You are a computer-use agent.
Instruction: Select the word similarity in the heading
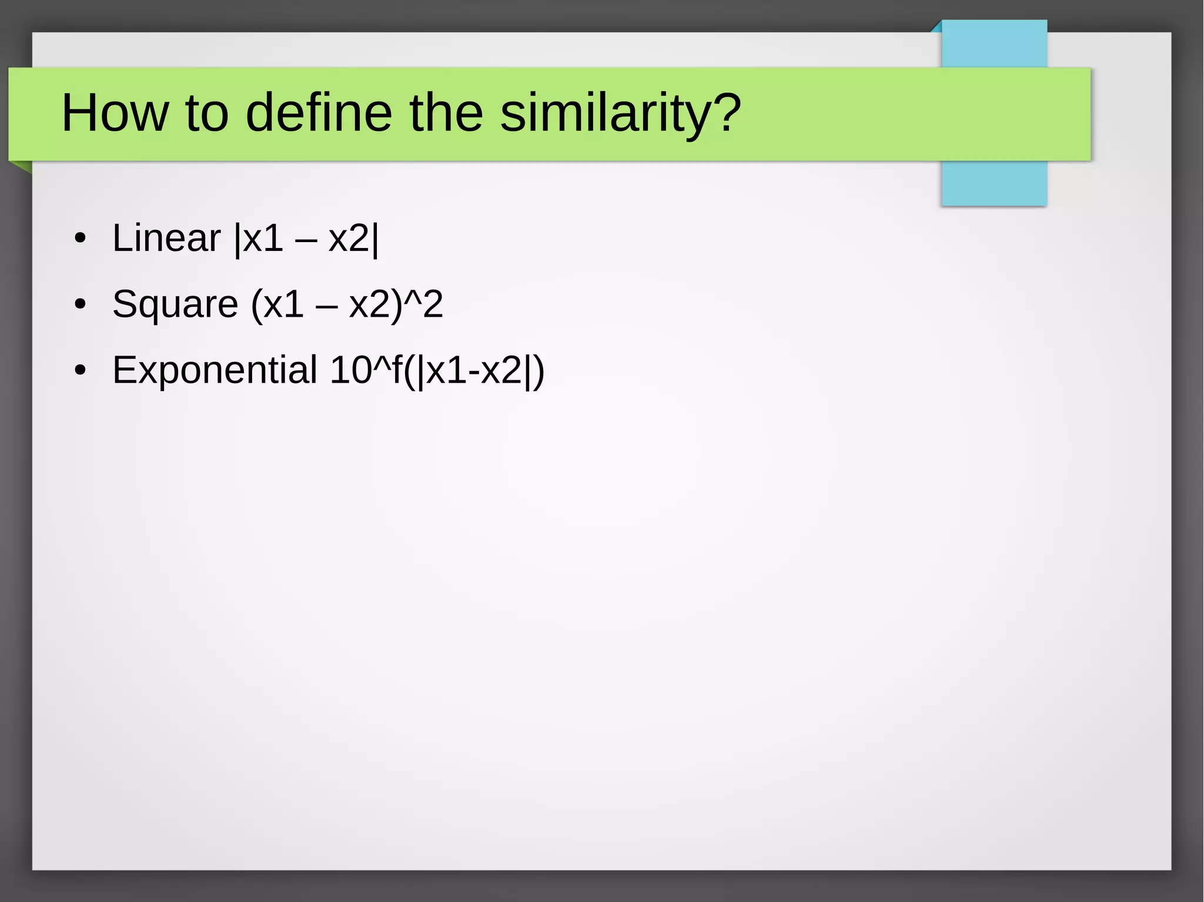point(606,113)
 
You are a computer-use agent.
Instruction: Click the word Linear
point(166,238)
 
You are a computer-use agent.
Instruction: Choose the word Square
point(175,305)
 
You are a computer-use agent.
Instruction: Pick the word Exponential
point(215,371)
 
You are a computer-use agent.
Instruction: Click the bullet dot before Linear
point(81,239)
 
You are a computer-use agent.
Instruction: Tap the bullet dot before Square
point(81,305)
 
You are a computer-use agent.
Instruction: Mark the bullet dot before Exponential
point(81,371)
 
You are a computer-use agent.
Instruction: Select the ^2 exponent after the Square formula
point(426,304)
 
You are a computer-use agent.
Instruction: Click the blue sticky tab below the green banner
point(994,183)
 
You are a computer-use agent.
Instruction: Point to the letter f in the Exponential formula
point(396,370)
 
